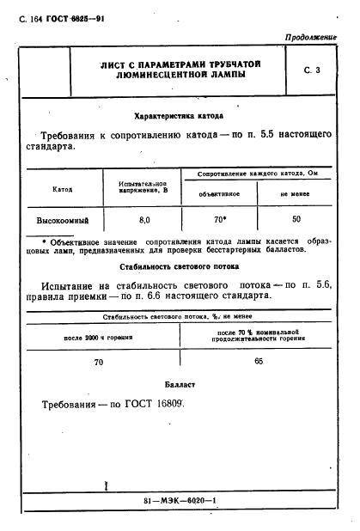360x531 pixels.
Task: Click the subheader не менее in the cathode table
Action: (x=296, y=194)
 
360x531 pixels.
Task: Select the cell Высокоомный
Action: (x=62, y=220)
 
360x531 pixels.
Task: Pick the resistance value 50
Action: (x=296, y=220)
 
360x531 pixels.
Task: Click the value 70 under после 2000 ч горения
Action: (x=98, y=363)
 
